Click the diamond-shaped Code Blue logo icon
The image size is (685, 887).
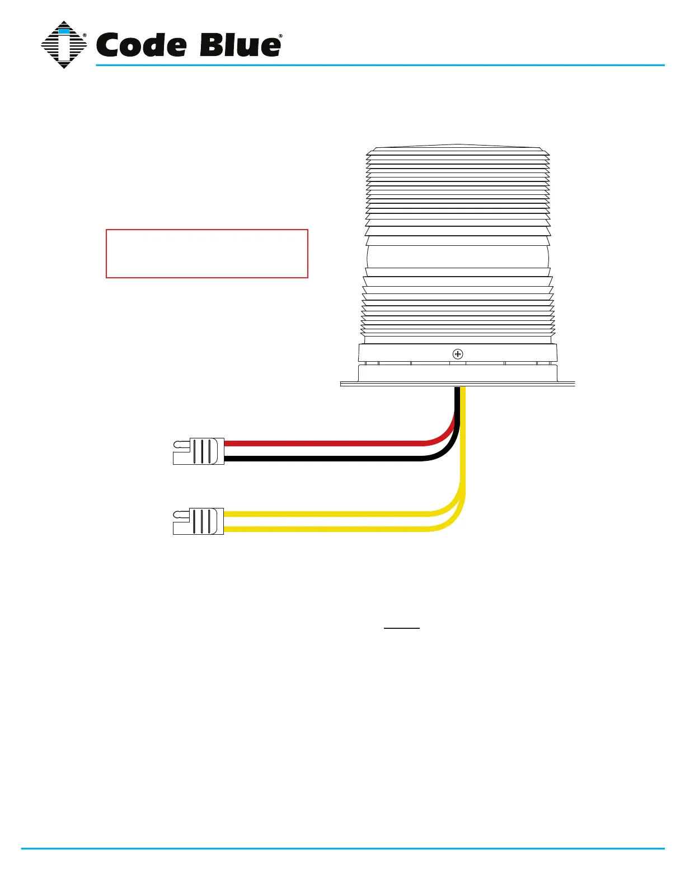coord(64,45)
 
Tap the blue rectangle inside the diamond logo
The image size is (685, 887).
coord(64,31)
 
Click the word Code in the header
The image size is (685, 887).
coord(140,45)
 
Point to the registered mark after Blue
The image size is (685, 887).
coord(280,36)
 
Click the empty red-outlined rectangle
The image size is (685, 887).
coord(207,253)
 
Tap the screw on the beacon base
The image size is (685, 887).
coord(458,354)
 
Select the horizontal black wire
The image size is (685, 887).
coord(325,459)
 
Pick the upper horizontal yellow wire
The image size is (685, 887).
coord(325,513)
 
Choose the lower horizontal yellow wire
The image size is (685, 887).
coord(325,529)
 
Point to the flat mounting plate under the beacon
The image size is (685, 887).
coord(458,384)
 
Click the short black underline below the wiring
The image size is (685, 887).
coord(401,628)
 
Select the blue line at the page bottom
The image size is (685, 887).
coord(342,849)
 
